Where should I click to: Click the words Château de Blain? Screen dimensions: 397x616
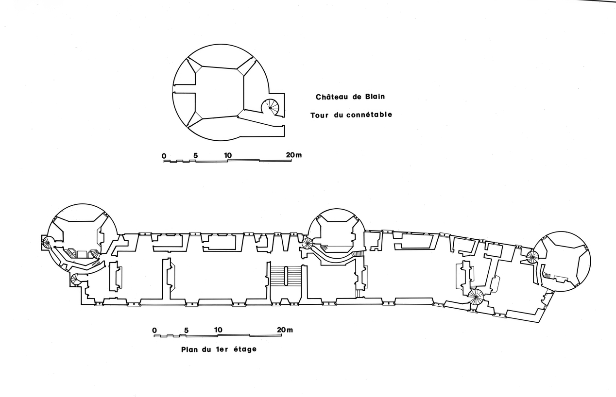(350, 97)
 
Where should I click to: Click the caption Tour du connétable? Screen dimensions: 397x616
(351, 115)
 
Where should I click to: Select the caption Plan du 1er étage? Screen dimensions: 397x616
(218, 349)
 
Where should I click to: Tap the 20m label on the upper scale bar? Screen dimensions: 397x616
(294, 155)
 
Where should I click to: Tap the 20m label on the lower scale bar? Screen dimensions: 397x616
(285, 330)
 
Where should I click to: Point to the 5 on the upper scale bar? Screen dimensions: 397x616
(195, 156)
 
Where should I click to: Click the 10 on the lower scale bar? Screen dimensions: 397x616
(218, 330)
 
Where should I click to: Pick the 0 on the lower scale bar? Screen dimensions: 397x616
(154, 331)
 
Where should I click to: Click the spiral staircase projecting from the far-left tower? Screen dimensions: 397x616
(47, 242)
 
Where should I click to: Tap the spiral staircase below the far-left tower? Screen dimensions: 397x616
(76, 279)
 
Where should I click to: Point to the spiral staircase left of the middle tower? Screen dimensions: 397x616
(307, 243)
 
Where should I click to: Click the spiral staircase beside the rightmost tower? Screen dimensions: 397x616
(533, 257)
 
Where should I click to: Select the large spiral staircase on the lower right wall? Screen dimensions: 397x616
(476, 296)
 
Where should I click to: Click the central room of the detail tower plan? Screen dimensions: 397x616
(219, 92)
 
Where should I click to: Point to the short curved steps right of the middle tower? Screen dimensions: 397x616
(358, 254)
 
